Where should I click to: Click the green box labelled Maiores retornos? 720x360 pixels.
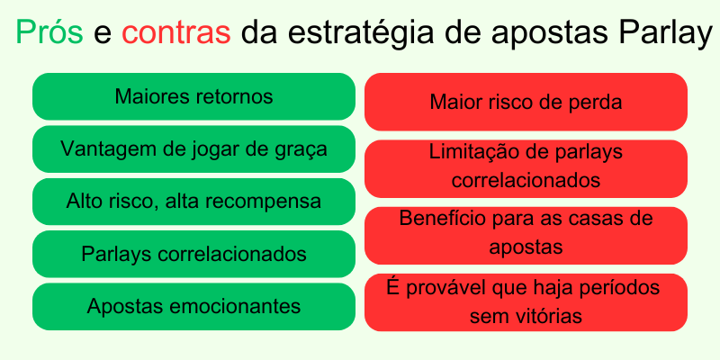pyautogui.click(x=193, y=96)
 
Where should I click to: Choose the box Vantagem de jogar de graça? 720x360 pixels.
pyautogui.click(x=193, y=148)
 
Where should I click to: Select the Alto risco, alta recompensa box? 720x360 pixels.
pyautogui.click(x=193, y=201)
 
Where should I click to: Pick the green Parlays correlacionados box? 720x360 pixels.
pyautogui.click(x=193, y=254)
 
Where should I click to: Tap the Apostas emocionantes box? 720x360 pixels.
pyautogui.click(x=193, y=306)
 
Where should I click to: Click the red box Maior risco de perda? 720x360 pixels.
pyautogui.click(x=526, y=102)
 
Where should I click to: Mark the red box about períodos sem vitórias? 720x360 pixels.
pyautogui.click(x=526, y=301)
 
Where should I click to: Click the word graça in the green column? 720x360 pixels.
pyautogui.click(x=302, y=148)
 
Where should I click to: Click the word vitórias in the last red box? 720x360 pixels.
pyautogui.click(x=549, y=317)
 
